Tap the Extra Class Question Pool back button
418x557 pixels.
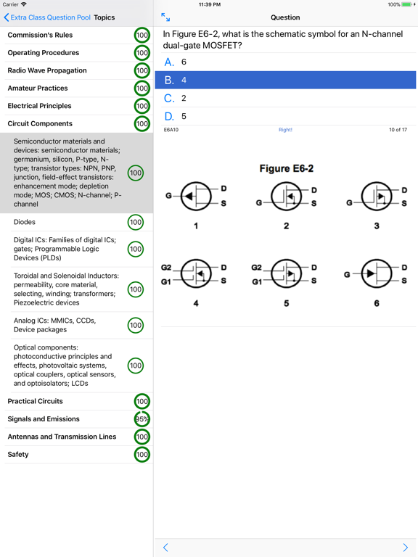(x=47, y=17)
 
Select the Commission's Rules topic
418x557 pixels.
(x=40, y=35)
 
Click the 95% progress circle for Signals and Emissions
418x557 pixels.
(x=142, y=419)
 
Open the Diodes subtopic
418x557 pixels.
(x=25, y=222)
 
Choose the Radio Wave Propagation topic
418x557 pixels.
(x=47, y=70)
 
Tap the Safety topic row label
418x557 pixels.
(x=18, y=455)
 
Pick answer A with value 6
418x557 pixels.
(x=285, y=62)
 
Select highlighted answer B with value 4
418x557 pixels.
(x=285, y=80)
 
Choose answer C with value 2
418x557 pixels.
(x=285, y=98)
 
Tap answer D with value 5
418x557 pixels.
(x=285, y=116)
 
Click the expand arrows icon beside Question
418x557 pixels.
(x=165, y=17)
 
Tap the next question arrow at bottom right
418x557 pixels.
(x=405, y=548)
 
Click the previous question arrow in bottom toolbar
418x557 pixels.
(x=165, y=548)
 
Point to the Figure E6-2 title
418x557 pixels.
(x=286, y=168)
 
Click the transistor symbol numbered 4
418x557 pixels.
(x=195, y=274)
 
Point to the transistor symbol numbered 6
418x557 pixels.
(x=376, y=274)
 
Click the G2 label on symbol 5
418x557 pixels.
(x=255, y=268)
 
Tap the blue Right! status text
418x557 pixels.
(x=285, y=130)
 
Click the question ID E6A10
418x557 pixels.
(x=171, y=130)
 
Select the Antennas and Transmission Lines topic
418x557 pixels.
(x=62, y=437)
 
